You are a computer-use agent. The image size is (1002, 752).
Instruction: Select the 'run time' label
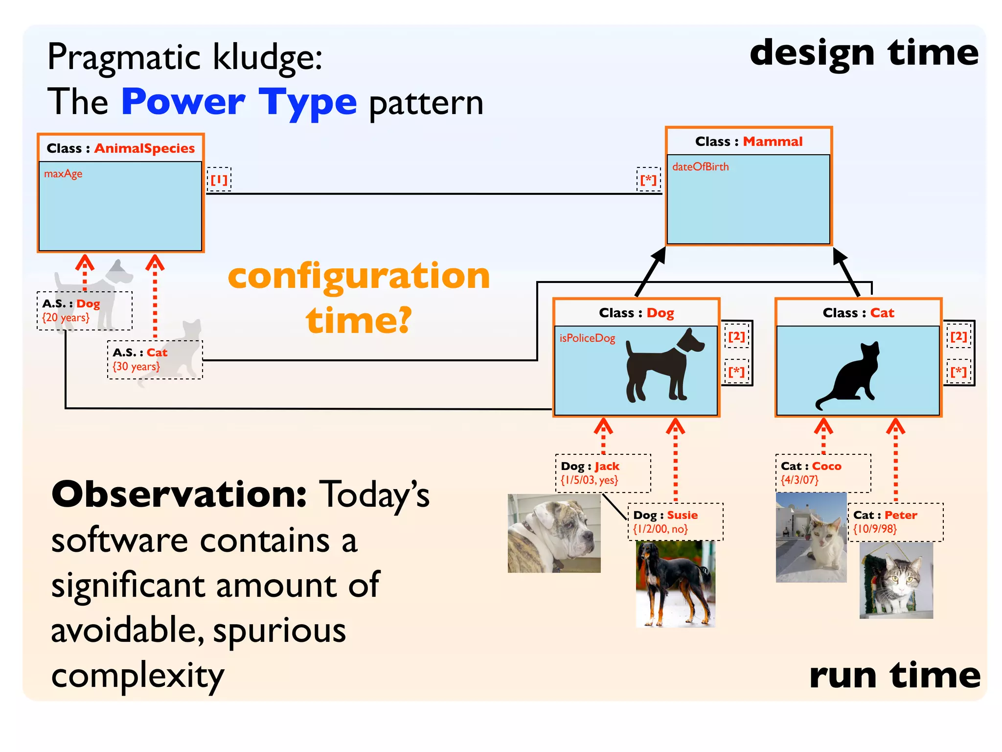tap(894, 676)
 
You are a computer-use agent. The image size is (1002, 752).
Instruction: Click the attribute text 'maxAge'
tap(63, 174)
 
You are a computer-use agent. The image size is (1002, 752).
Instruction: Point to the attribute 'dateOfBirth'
tap(700, 167)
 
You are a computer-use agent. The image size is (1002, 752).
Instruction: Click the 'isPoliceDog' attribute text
tap(587, 338)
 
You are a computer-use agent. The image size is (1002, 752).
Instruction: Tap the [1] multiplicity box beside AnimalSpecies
tap(219, 180)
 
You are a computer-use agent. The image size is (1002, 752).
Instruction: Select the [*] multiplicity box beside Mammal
tap(648, 180)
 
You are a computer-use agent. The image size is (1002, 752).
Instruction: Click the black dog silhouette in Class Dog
tap(663, 365)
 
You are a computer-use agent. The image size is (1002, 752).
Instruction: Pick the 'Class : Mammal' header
tap(749, 141)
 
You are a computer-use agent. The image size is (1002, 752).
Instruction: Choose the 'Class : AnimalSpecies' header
tap(120, 148)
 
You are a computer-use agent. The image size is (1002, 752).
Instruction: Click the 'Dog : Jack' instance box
tap(603, 473)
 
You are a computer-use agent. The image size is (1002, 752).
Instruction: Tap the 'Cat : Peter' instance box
tap(895, 522)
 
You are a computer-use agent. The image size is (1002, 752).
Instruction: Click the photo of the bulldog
tap(554, 534)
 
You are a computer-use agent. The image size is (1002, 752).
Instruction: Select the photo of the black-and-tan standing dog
tap(675, 584)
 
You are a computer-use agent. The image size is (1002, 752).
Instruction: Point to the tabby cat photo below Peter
tap(896, 580)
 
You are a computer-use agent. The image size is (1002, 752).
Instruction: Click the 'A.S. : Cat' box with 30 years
tap(154, 359)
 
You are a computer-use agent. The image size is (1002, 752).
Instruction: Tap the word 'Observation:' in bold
tap(179, 494)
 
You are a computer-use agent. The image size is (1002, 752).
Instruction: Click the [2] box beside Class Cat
tap(958, 336)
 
